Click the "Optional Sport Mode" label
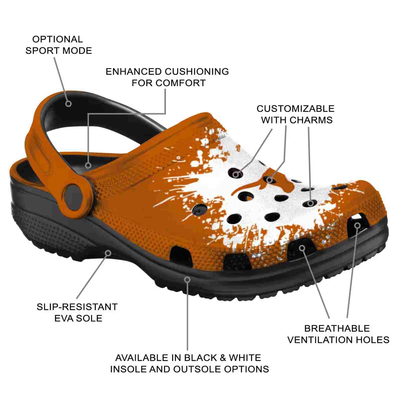point(59,45)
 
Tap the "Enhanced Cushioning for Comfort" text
point(167,77)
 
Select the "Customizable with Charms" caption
point(296,114)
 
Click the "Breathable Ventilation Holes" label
point(338,334)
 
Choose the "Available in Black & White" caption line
point(188,358)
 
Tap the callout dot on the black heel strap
point(69,103)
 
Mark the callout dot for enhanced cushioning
point(88,165)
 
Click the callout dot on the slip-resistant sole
point(108,253)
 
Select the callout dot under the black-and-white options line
point(187,279)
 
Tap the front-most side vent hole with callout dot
point(357,221)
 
